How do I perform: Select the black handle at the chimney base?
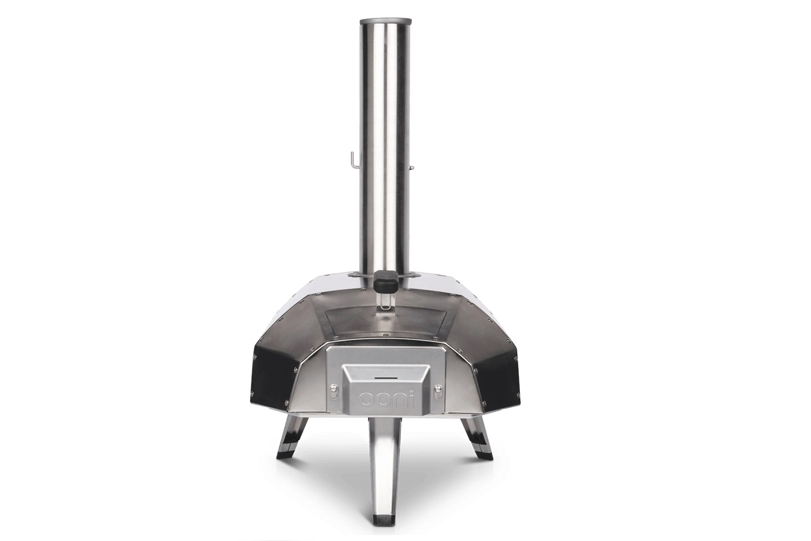pos(386,289)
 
